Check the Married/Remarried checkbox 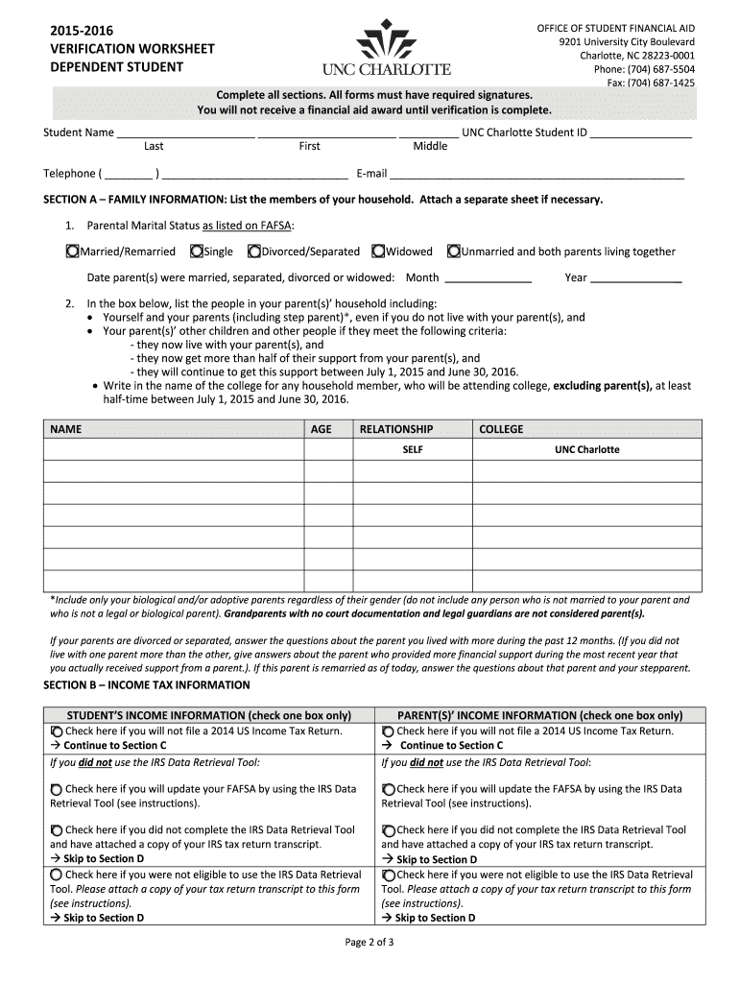pos(72,252)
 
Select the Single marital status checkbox pos(197,252)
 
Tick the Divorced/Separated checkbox pos(254,252)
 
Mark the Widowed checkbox pos(379,252)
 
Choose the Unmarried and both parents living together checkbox pos(453,252)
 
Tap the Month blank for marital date pos(489,278)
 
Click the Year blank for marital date pos(635,278)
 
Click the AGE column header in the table pos(322,429)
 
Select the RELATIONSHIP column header pos(395,429)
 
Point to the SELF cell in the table pos(413,449)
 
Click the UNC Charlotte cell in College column pos(587,449)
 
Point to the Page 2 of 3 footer pos(369,942)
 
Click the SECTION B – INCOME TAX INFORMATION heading pos(147,685)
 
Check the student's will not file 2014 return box pos(57,731)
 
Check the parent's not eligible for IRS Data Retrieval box pos(388,875)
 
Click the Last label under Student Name pos(154,147)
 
